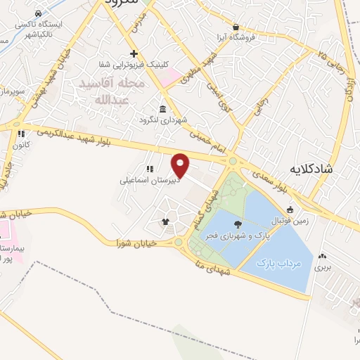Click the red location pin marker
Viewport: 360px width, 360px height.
pyautogui.click(x=181, y=165)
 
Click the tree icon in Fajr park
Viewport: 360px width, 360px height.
pyautogui.click(x=237, y=225)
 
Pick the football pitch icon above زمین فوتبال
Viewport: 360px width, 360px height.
pyautogui.click(x=290, y=209)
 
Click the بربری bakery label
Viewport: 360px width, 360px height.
pyautogui.click(x=322, y=268)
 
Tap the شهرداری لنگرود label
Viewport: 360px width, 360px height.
pyautogui.click(x=164, y=120)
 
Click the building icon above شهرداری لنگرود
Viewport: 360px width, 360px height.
pyautogui.click(x=163, y=109)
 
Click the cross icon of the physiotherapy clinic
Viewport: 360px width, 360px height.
pyautogui.click(x=134, y=53)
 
